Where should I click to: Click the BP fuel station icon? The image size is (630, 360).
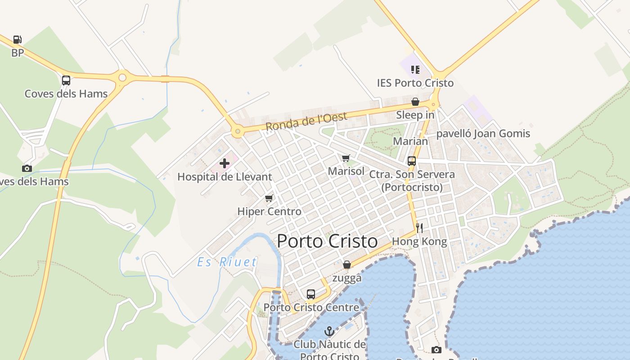click(x=17, y=40)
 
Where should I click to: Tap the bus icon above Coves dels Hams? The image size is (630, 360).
click(x=66, y=81)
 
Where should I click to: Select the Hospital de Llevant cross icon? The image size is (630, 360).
click(x=225, y=163)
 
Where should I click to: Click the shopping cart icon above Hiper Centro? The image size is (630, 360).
click(x=269, y=198)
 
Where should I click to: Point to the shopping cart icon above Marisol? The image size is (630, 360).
click(x=346, y=158)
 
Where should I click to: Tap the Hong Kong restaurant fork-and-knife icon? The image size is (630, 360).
click(x=419, y=228)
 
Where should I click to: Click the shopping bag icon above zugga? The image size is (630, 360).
click(x=346, y=265)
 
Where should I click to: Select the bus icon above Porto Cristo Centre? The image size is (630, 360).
click(x=311, y=294)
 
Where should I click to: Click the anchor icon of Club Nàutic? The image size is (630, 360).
click(x=329, y=332)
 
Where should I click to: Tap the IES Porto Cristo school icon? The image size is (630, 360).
click(x=415, y=70)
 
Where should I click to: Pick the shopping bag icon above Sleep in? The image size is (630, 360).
click(x=415, y=102)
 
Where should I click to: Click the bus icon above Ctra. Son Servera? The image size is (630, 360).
click(x=411, y=161)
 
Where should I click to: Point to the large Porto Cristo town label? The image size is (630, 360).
click(x=327, y=241)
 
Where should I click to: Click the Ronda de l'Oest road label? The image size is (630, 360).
click(x=306, y=121)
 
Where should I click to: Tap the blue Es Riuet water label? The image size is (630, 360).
click(x=227, y=262)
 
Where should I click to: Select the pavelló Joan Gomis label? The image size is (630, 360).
click(x=483, y=134)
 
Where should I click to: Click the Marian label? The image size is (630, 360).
click(x=410, y=141)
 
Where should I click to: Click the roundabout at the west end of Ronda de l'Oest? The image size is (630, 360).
click(x=238, y=132)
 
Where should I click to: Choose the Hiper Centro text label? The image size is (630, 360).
click(x=269, y=211)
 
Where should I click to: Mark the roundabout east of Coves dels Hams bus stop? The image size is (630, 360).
click(x=122, y=78)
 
